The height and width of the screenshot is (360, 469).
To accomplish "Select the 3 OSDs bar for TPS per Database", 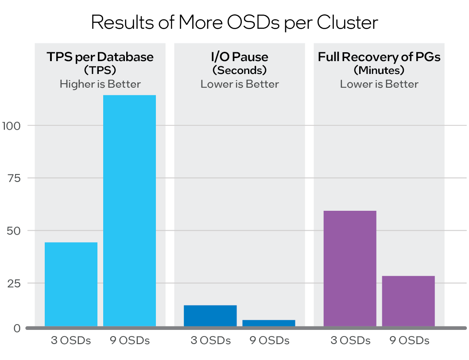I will coord(71,284).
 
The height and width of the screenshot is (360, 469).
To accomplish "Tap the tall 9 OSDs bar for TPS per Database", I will coord(129,211).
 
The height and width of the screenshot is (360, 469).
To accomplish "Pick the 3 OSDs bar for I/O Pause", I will coord(210,316).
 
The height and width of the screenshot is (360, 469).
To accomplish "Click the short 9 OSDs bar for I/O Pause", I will coord(268,323).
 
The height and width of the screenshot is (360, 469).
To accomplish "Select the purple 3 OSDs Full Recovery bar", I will coord(350,268).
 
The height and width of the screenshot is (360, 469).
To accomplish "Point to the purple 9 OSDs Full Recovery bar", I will coord(408,301).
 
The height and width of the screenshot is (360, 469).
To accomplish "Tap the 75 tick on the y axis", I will coord(15,178).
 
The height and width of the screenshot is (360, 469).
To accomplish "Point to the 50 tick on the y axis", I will coord(15,230).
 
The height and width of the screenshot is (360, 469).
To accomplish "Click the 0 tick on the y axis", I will coord(17,328).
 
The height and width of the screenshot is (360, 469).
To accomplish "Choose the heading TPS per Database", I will coord(100,57).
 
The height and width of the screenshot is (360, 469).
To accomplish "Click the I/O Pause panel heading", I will coord(240,57).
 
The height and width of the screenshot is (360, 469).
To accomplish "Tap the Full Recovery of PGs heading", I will coord(379,57).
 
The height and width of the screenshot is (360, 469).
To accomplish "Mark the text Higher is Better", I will coord(100,84).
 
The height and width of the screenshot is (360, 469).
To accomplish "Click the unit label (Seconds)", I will coord(240,70).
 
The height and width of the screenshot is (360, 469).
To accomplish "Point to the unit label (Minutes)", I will coord(379,70).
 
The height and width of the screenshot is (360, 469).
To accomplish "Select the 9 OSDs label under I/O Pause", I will coord(269,341).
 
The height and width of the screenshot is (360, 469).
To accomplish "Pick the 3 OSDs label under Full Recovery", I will coord(350,341).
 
